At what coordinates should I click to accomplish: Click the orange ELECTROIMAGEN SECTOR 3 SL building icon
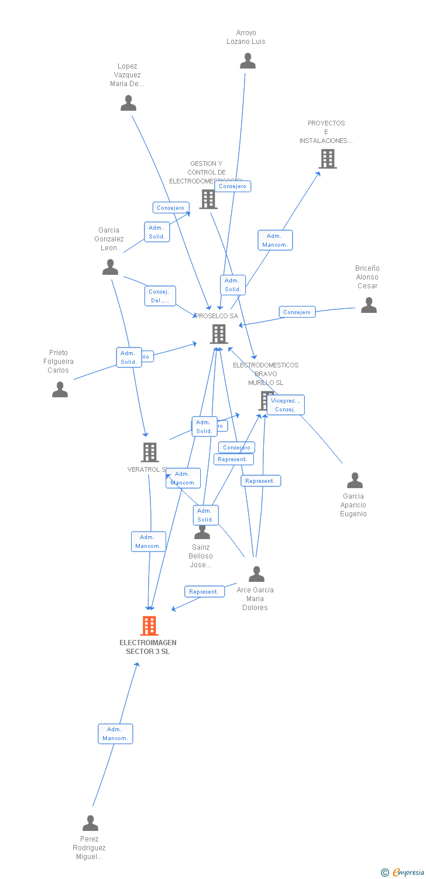tap(149, 626)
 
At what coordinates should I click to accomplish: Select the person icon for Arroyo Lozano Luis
tap(248, 61)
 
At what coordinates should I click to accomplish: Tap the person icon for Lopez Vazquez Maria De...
tap(128, 103)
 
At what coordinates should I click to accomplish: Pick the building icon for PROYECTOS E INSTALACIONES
tap(327, 158)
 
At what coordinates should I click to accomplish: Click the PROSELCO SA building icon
tap(218, 334)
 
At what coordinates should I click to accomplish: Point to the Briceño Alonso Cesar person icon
tap(369, 305)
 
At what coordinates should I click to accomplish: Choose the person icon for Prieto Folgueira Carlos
tap(60, 390)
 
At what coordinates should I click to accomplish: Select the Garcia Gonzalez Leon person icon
tap(110, 267)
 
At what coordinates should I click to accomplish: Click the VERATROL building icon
tap(150, 452)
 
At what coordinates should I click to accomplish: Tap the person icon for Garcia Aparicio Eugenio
tap(355, 481)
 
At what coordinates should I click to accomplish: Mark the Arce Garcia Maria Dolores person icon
tap(256, 574)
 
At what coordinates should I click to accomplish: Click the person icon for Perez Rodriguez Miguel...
tap(90, 823)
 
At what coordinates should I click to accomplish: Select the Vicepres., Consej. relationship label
tap(285, 405)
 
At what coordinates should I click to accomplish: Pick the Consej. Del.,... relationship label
tap(160, 296)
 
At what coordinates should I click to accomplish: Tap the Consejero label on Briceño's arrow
tap(297, 312)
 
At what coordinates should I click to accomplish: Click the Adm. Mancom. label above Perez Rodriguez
tap(115, 734)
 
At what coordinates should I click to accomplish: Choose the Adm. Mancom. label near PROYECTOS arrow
tap(275, 240)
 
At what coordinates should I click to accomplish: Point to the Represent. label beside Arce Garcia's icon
tap(204, 592)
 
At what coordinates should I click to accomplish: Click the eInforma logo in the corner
tap(403, 873)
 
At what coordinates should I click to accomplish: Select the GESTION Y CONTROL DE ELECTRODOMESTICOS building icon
tap(208, 199)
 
